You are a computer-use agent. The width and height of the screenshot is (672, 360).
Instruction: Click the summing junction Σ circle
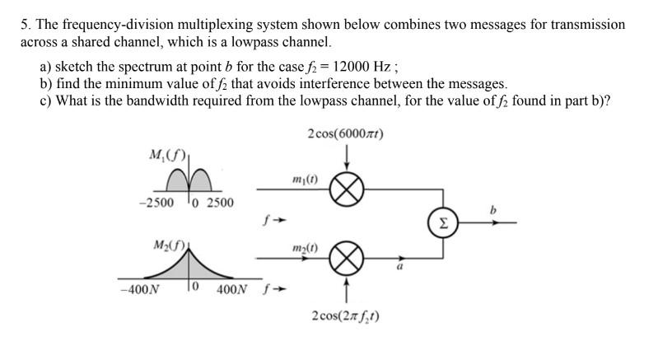(444, 222)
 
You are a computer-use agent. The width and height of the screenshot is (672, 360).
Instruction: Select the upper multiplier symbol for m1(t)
(347, 191)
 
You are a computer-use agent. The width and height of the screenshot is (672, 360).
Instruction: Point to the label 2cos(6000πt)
(346, 134)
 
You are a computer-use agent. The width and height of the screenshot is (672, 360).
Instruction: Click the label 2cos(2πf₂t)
(347, 316)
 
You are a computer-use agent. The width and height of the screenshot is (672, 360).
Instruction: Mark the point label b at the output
(493, 211)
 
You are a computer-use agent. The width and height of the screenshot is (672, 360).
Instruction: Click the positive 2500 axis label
(218, 203)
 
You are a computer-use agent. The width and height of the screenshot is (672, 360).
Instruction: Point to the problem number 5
(24, 25)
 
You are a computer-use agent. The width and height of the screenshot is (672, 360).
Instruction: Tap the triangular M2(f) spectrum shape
(191, 266)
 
